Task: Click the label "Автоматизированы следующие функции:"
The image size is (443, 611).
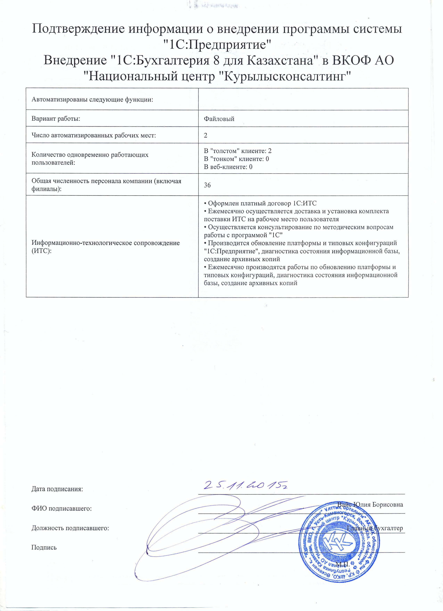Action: tap(92, 100)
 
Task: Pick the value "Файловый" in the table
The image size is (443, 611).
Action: tap(219, 119)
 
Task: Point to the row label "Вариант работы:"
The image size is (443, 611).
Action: tap(56, 119)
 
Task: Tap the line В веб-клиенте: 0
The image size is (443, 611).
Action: tap(228, 167)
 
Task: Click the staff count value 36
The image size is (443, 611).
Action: tap(207, 185)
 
